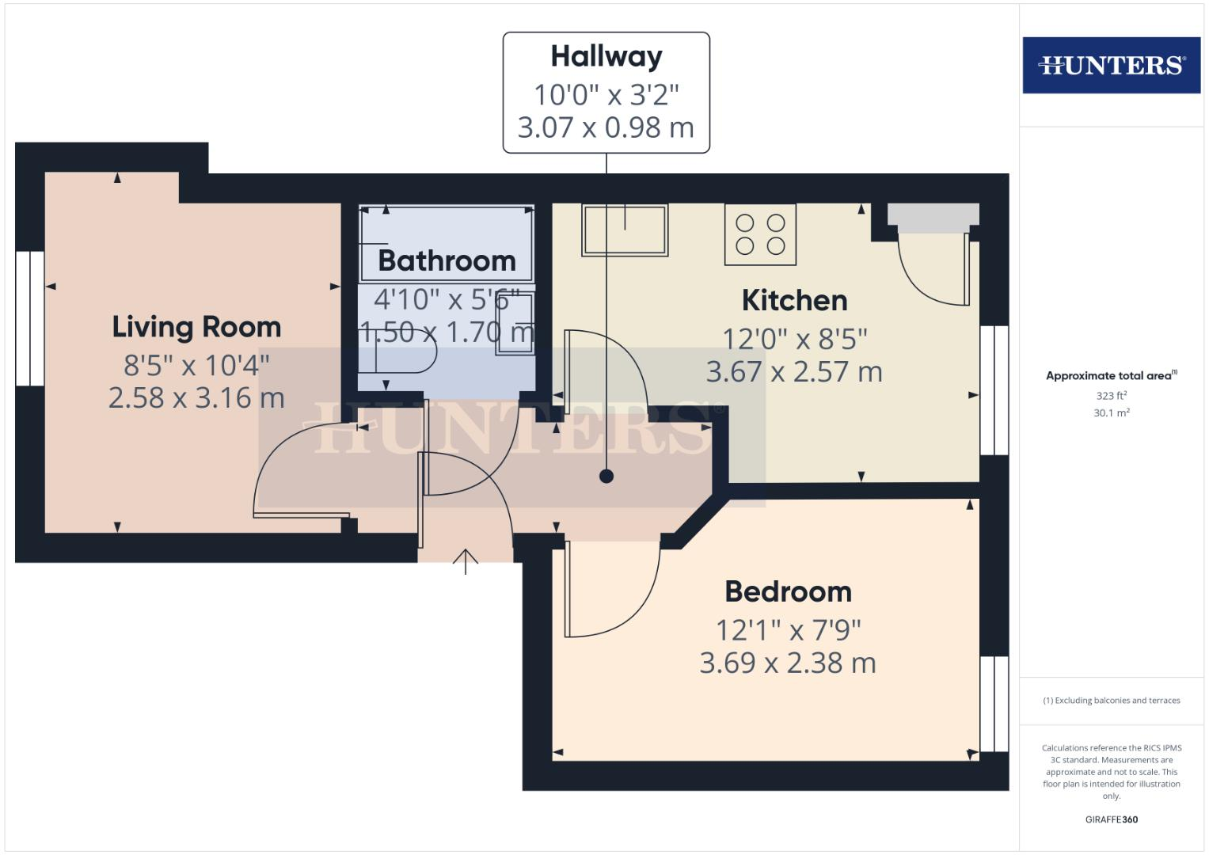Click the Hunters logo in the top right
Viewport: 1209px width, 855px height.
pos(1111,65)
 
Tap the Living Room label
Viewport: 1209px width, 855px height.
pos(196,327)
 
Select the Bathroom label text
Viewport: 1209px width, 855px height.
pos(447,260)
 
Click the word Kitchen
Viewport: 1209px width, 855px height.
pos(794,301)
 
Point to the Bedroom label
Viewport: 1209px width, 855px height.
pos(788,591)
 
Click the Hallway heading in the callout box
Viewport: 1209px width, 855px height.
pos(606,56)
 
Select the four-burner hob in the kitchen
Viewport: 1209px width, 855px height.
pos(760,234)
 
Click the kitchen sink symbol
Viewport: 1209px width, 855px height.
pos(625,230)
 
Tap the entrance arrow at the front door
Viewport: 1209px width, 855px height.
pos(466,561)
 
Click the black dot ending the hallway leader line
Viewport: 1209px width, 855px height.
pos(606,476)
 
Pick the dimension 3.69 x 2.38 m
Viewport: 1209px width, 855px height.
pos(788,663)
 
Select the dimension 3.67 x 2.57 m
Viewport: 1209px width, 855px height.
pos(794,371)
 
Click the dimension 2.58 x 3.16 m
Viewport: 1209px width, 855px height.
pos(196,397)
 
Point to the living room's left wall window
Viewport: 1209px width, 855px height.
pos(29,318)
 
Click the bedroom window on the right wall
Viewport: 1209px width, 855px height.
pos(994,703)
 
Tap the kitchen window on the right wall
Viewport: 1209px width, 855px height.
pos(994,390)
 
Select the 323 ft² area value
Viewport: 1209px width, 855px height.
pos(1111,396)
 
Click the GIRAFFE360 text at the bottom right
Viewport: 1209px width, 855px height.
pos(1111,819)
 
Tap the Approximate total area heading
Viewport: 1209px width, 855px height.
pos(1110,376)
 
